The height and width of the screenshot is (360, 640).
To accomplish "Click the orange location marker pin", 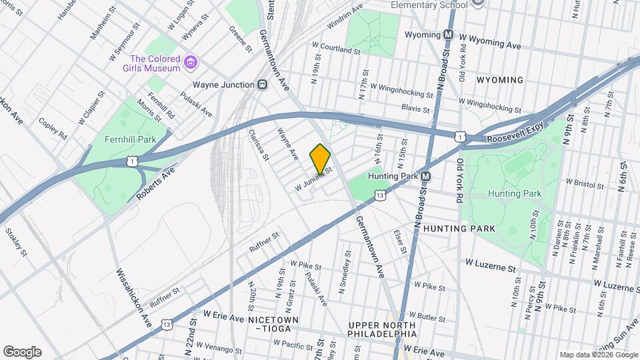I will pos(320,159).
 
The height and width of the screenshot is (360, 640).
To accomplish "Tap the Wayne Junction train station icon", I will pos(263,85).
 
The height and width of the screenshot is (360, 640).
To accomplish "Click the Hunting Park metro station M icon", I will pos(425,176).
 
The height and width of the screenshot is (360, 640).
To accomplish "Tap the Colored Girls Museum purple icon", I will pos(191,63).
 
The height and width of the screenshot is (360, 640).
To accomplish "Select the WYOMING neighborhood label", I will pos(500,80).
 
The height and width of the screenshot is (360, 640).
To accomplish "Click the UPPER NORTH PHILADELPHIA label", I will pos(382,329).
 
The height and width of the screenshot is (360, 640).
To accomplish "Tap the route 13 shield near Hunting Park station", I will pos(380,195).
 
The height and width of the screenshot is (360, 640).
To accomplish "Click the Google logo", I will pos(22,352).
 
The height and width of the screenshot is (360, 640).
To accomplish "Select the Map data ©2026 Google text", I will pos(598,355).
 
